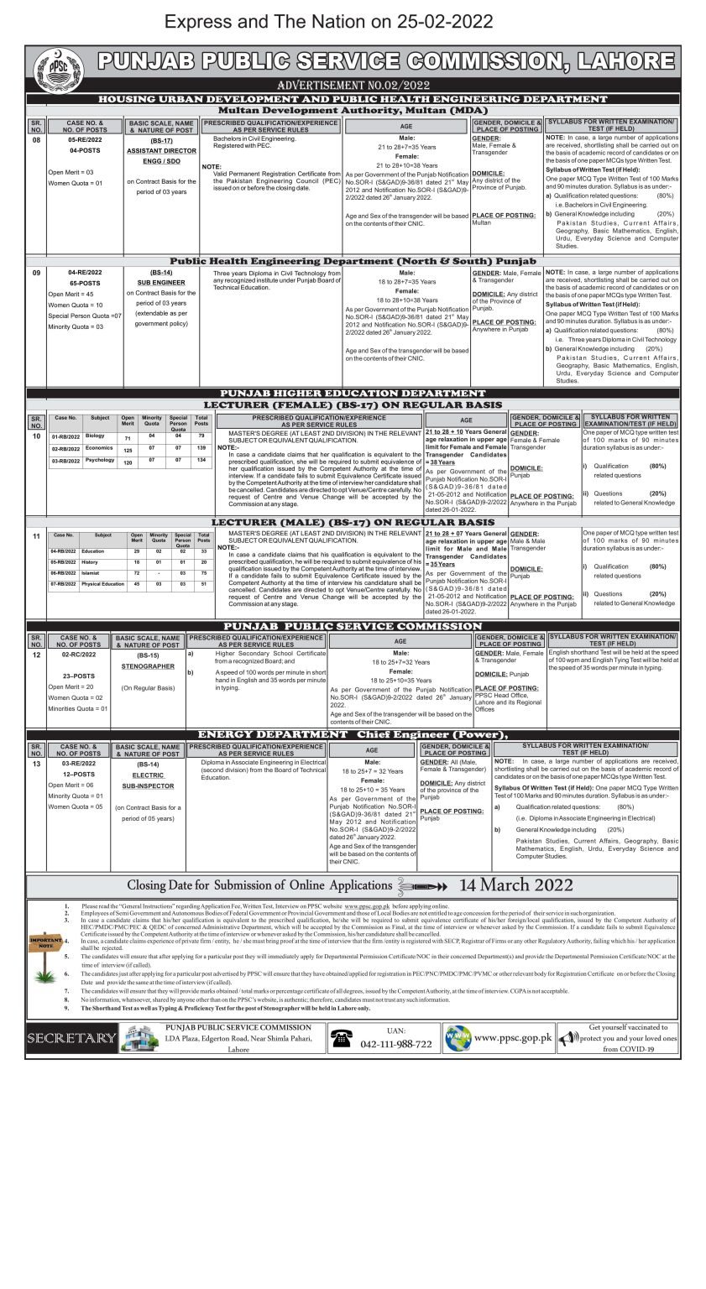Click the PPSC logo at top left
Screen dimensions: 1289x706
click(59, 70)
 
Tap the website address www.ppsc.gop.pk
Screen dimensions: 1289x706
click(513, 1037)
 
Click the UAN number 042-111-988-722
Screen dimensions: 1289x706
click(397, 1044)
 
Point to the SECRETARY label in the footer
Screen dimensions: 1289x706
click(71, 1038)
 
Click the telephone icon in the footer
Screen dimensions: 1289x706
click(342, 1038)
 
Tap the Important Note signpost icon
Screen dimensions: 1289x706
click(45, 943)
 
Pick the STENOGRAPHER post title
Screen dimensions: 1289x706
click(148, 666)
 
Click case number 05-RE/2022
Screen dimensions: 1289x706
click(85, 140)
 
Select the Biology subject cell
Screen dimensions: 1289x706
click(96, 436)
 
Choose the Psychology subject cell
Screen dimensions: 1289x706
click(100, 460)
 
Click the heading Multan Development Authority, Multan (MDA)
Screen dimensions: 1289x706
click(353, 110)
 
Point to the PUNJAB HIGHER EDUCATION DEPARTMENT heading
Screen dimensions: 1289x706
click(353, 393)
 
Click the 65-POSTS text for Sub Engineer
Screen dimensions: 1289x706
click(85, 284)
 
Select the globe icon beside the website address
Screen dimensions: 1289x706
click(458, 1038)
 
